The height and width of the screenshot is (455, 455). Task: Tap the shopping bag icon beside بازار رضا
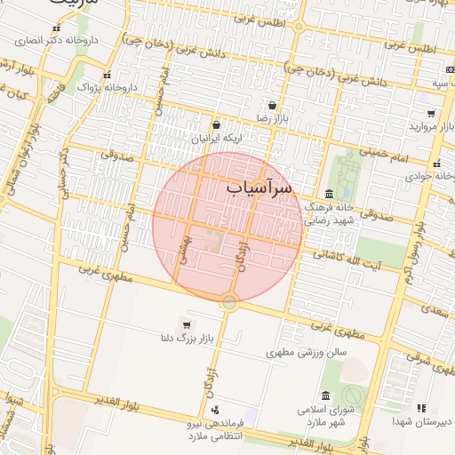[271, 105]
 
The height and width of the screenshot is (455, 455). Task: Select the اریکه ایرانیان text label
[215, 140]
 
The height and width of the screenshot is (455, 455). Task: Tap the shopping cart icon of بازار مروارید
[431, 114]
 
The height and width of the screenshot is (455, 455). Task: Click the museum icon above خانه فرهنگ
[329, 194]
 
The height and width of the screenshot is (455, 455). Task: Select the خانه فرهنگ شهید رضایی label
[329, 212]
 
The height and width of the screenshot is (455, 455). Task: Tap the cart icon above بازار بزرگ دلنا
[186, 324]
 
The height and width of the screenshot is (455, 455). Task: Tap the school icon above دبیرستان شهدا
[420, 408]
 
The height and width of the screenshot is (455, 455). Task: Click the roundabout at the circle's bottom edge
[229, 302]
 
